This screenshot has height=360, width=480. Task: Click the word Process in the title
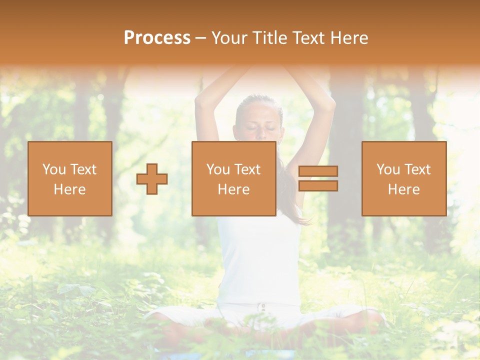[x=157, y=38]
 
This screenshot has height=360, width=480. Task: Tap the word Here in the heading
[x=348, y=38]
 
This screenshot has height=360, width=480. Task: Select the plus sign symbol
[x=152, y=178]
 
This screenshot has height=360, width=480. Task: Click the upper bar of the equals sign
[x=318, y=171]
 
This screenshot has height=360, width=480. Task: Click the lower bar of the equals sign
[x=318, y=186]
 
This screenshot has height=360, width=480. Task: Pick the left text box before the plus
[x=70, y=178]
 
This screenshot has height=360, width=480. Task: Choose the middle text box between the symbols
[x=233, y=178]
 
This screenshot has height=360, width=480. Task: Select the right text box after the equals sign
[x=403, y=178]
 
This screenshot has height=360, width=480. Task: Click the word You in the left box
[x=54, y=169]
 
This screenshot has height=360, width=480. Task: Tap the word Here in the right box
[x=403, y=189]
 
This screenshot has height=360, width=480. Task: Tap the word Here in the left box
[x=70, y=189]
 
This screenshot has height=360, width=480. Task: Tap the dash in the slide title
[x=200, y=38]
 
